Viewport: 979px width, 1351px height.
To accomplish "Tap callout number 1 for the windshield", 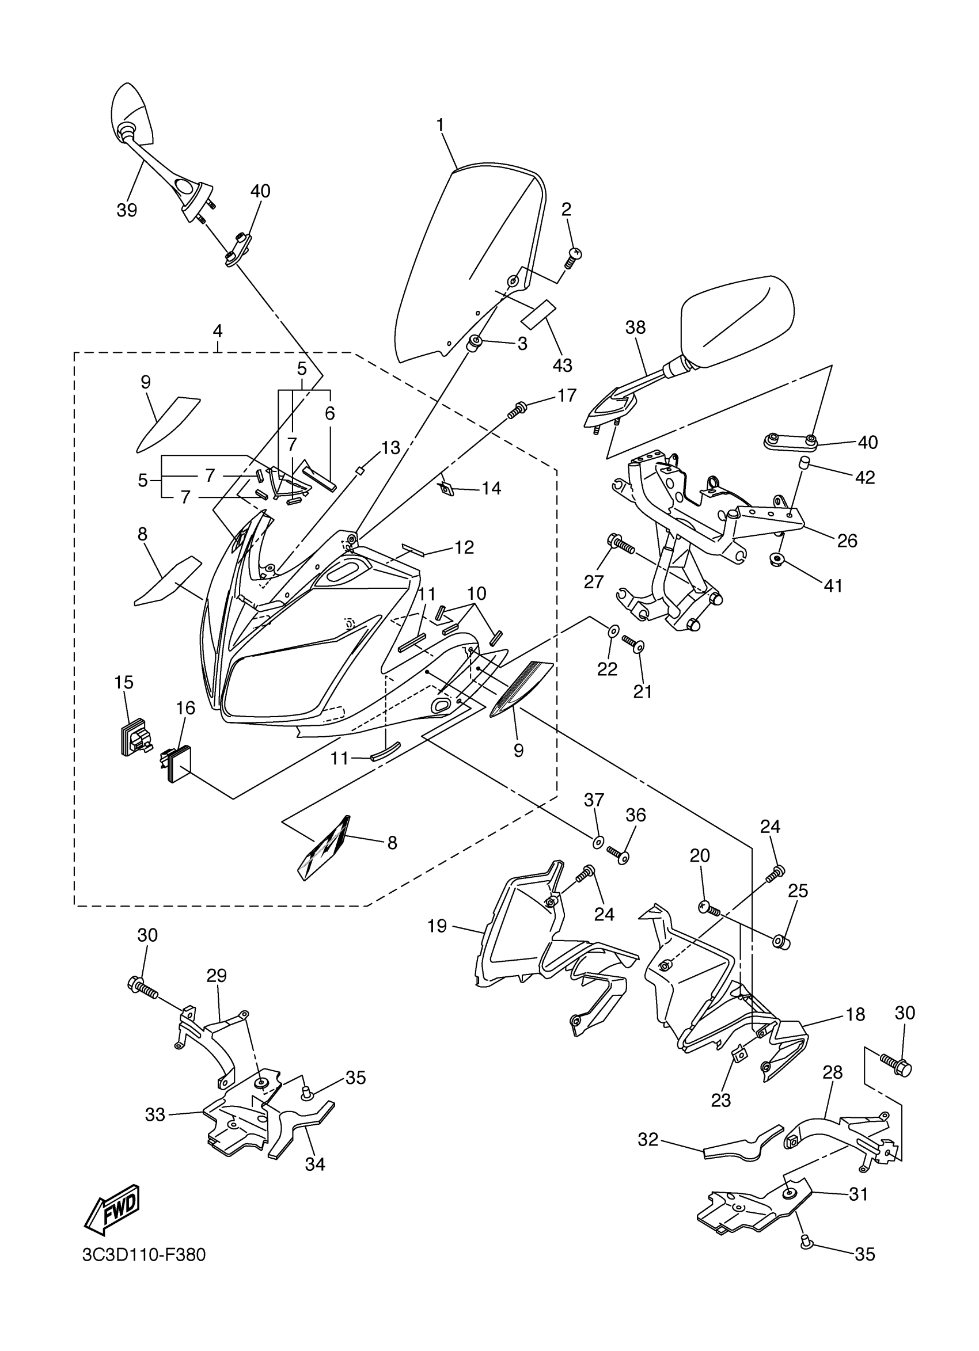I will [440, 125].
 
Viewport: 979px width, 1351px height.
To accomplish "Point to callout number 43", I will [562, 365].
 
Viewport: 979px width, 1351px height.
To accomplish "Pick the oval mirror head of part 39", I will [133, 115].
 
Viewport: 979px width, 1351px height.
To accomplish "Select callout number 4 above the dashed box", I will [218, 331].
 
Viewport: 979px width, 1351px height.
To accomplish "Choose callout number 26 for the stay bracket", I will [847, 541].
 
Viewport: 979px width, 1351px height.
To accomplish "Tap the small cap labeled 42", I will [804, 463].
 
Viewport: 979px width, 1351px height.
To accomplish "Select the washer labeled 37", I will [598, 842].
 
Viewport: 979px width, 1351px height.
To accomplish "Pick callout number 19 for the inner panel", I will [437, 926].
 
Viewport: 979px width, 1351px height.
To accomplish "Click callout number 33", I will [155, 1114].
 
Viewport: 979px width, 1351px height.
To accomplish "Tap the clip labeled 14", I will [445, 489].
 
